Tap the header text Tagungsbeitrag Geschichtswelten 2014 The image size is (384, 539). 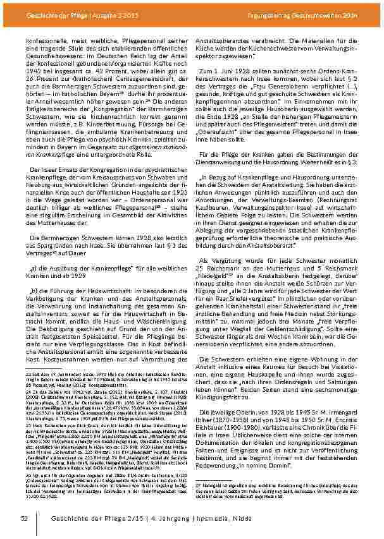(x=321, y=15)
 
